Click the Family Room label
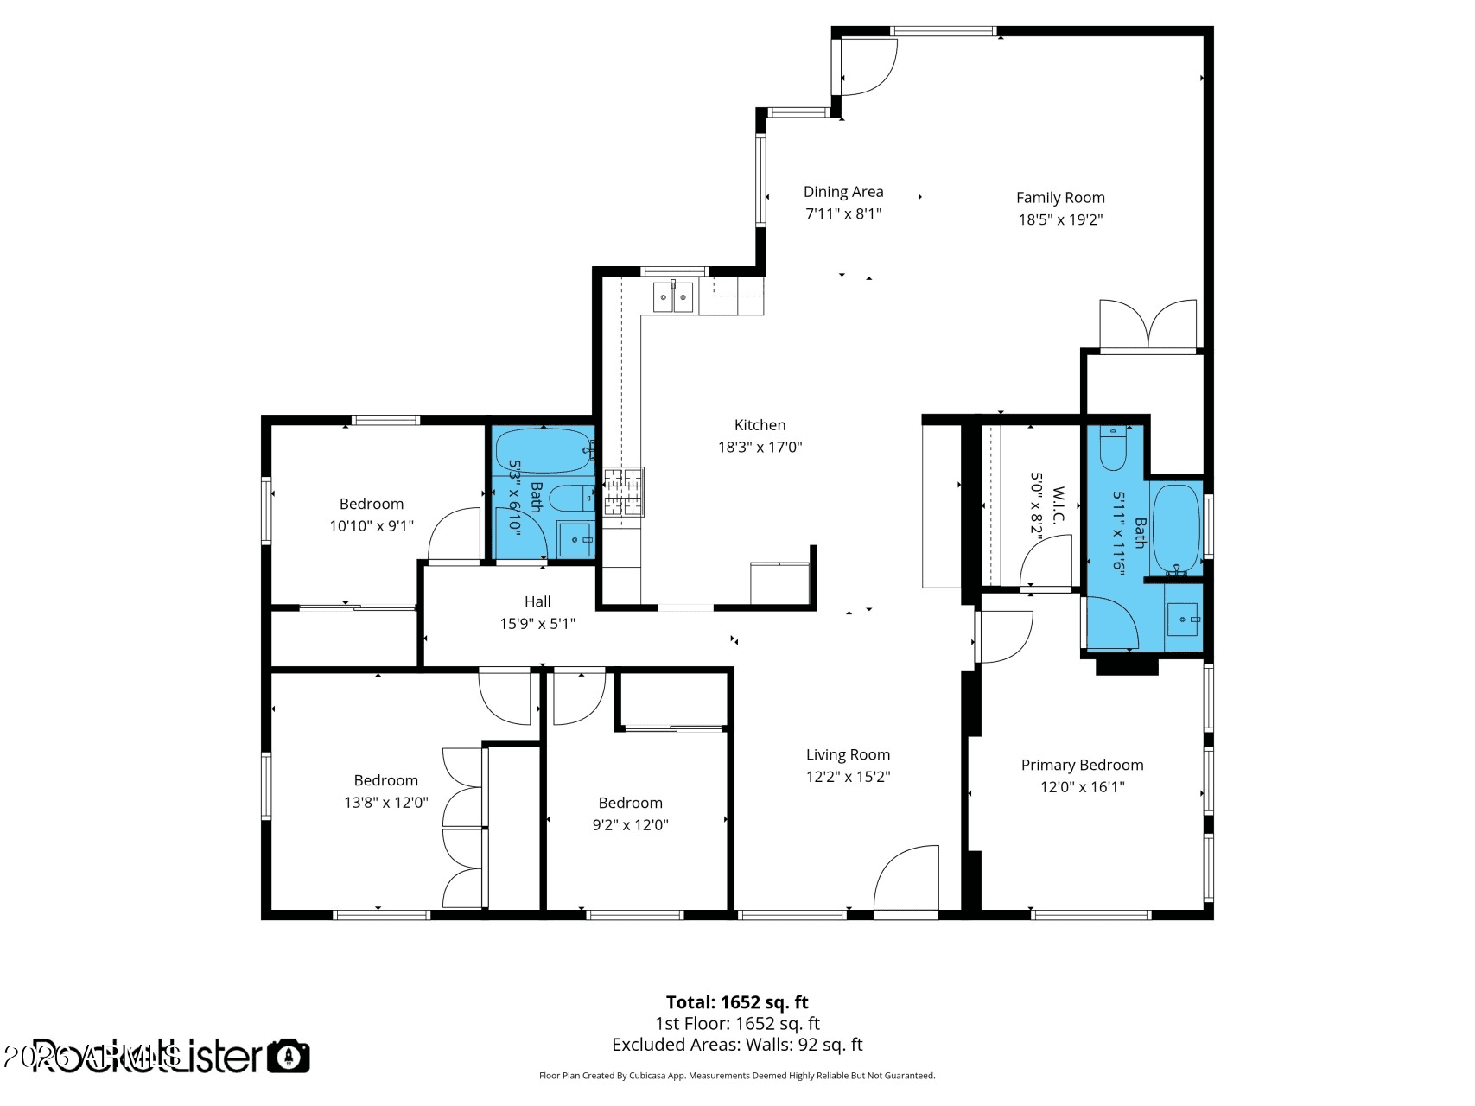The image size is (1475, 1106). pos(1060,198)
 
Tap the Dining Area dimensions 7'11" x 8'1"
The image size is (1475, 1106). pos(843,213)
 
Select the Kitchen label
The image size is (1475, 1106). pos(760,425)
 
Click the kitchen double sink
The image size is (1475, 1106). pos(673,297)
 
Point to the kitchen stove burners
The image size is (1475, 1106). pos(623,493)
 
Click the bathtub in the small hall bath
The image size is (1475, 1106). pos(543,450)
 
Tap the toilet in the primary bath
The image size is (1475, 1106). pos(1113,448)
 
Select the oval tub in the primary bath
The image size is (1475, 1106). pos(1176,529)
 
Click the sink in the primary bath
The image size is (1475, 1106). pos(1183,620)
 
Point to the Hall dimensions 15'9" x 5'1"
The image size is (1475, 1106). pos(537,623)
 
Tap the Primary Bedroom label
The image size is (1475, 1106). pos(1082,765)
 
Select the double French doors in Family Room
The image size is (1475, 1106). pos(1148,327)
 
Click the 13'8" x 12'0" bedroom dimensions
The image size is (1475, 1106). pos(385,802)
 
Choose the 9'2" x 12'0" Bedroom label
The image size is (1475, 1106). pos(630,803)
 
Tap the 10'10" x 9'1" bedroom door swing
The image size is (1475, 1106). pos(455,534)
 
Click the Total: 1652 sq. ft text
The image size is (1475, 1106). pos(737,1002)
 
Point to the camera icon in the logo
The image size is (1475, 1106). pos(288,1056)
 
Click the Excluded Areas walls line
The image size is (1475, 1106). pos(737,1045)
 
